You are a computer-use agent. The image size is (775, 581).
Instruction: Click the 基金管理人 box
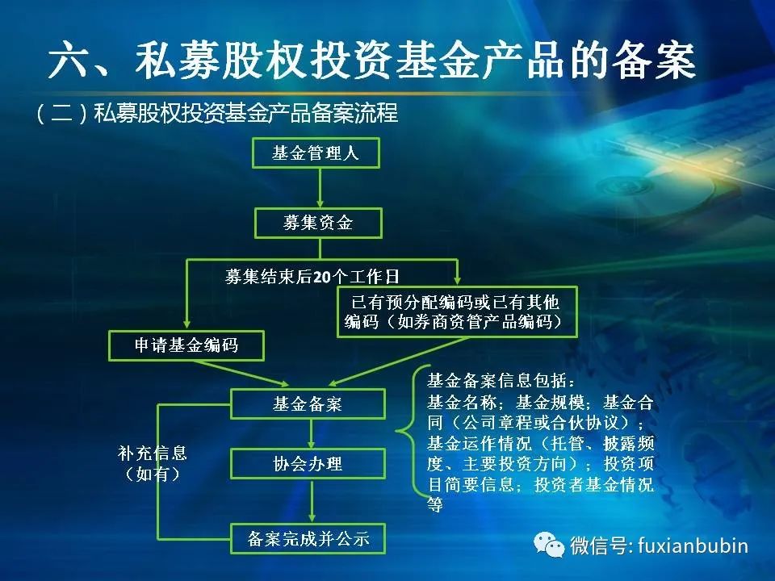click(316, 153)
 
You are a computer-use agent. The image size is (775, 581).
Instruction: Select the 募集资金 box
click(318, 223)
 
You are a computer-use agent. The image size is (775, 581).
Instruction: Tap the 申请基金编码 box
click(186, 345)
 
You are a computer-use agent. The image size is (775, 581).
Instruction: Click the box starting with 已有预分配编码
click(457, 311)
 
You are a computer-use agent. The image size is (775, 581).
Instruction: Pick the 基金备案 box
click(308, 403)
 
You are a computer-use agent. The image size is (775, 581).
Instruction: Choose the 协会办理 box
click(308, 464)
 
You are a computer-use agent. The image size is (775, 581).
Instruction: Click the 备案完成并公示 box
click(308, 538)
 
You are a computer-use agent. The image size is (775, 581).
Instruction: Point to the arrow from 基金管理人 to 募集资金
click(320, 188)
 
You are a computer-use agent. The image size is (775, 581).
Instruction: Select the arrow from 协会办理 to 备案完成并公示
click(312, 501)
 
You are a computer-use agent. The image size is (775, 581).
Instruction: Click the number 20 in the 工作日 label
click(322, 277)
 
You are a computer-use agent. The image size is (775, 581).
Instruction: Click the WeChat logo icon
click(549, 545)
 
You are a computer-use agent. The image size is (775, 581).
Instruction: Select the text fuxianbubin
click(693, 545)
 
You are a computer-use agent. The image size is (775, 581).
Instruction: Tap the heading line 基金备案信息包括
click(501, 381)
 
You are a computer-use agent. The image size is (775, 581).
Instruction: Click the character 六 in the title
click(69, 61)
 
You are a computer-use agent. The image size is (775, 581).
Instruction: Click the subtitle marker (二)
click(62, 113)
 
